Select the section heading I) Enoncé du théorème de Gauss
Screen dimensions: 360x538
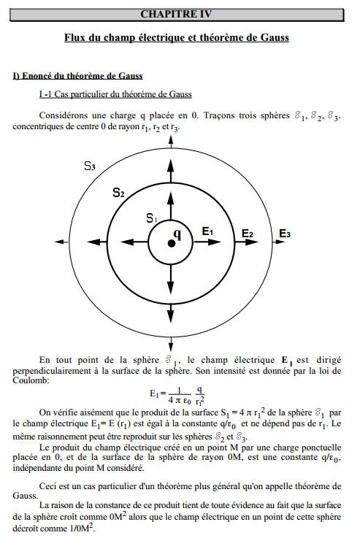point(77,75)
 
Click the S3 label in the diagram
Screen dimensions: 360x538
point(89,166)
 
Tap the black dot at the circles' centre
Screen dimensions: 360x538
point(171,242)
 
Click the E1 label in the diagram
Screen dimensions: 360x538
point(207,232)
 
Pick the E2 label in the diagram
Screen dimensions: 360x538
point(248,234)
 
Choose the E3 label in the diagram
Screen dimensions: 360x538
point(285,234)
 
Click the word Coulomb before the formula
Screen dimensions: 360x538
point(30,380)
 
